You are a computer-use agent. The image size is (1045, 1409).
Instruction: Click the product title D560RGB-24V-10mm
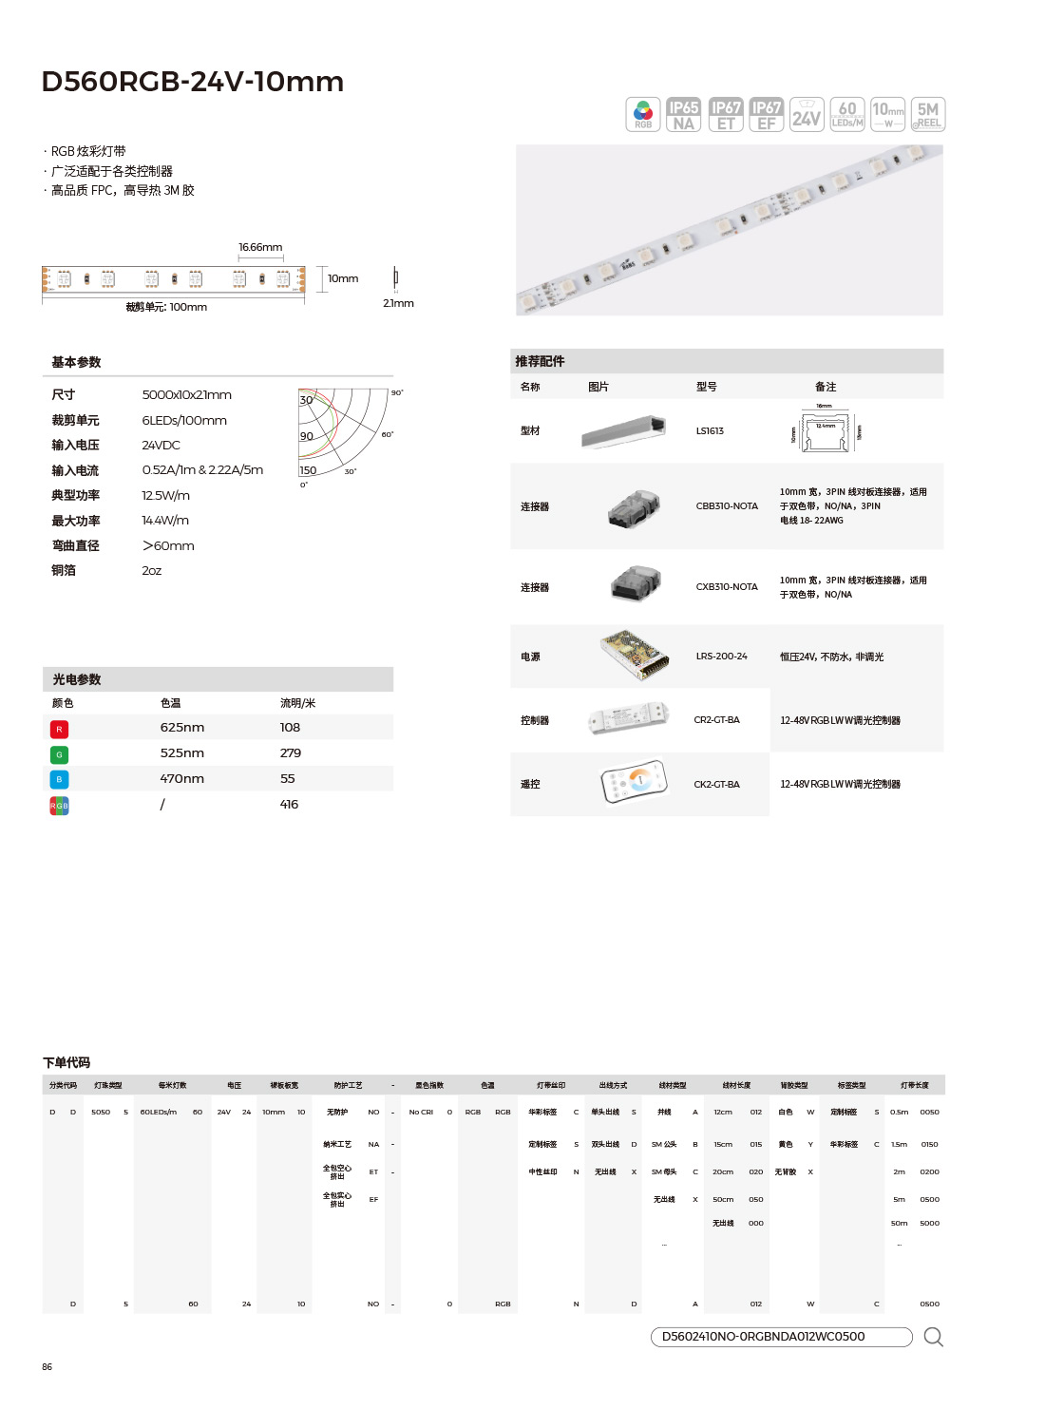(193, 82)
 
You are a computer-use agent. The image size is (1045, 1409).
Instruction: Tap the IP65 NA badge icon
(683, 115)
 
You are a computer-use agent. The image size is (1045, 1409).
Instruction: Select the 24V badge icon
(807, 115)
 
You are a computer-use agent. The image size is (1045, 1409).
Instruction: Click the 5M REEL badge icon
(928, 115)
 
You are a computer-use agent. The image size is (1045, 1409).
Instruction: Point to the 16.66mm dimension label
(260, 247)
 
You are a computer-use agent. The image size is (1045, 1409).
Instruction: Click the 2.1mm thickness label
(398, 303)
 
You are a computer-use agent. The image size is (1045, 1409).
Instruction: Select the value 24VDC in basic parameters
(161, 445)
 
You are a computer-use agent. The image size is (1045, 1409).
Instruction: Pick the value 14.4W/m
(165, 520)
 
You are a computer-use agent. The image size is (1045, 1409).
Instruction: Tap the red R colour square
(59, 729)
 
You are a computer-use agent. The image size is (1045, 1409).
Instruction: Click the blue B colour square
(59, 779)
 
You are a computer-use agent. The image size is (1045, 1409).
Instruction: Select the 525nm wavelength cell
(181, 752)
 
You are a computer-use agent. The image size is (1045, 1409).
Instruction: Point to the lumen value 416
(289, 804)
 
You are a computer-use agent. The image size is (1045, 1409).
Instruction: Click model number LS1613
(710, 430)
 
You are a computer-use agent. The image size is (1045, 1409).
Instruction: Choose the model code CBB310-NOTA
(727, 505)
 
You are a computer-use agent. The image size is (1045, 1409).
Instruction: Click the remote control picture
(635, 783)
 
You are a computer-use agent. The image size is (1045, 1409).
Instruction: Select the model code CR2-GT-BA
(716, 719)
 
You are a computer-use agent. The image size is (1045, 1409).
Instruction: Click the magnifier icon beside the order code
(933, 1337)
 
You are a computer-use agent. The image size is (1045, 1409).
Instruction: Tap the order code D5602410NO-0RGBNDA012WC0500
(763, 1336)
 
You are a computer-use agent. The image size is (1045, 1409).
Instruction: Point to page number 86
(47, 1366)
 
